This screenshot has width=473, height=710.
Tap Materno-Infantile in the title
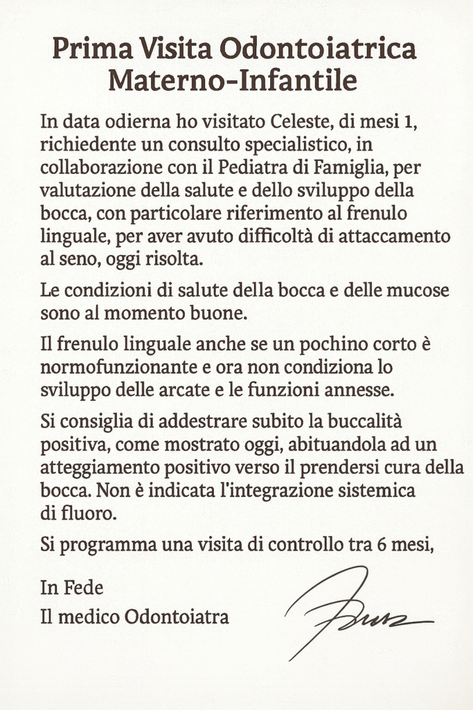[x=233, y=82]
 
